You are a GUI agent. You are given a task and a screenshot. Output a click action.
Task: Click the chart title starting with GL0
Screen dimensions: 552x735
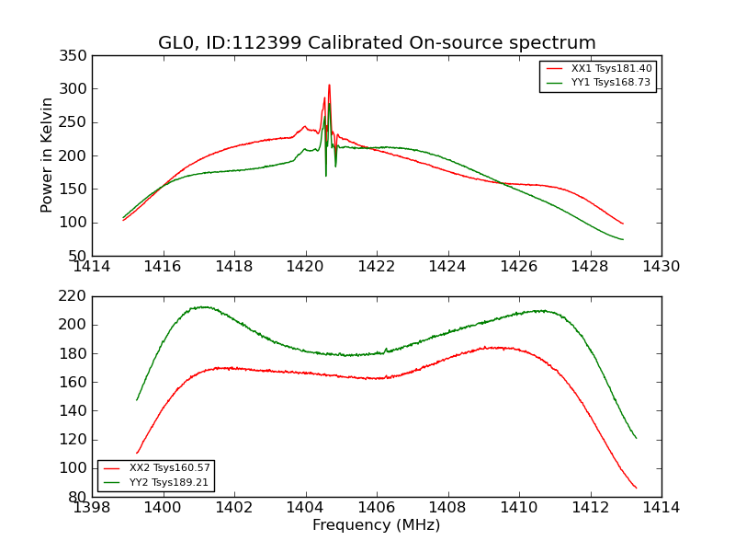377,43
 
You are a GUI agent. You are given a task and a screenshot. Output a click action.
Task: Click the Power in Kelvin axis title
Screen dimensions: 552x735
48,155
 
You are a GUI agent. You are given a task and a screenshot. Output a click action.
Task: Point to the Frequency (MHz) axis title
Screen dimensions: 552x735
377,525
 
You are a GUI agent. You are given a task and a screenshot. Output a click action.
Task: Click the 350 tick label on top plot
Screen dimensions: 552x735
76,57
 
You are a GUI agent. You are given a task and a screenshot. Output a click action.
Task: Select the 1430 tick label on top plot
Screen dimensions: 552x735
661,267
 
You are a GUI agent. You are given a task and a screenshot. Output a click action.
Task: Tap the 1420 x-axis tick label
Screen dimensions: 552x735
306,267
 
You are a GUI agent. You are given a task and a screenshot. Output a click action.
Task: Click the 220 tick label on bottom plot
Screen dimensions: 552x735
76,297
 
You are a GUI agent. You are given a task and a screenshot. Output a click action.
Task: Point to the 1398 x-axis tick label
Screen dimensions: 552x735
92,508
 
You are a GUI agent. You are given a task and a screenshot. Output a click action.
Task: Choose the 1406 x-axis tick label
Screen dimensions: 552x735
377,508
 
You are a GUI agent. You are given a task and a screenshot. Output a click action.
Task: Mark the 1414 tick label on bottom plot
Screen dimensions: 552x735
661,508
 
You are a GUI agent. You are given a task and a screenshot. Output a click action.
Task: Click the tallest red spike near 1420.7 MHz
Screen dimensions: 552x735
329,86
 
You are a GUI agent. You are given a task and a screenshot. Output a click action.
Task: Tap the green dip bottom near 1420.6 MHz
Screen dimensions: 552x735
325,175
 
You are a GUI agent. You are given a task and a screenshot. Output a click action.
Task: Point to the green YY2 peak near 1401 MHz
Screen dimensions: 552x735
202,307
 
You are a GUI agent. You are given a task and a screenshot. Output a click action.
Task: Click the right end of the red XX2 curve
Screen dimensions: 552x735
636,489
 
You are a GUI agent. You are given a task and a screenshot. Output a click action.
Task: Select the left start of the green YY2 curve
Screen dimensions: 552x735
137,400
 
